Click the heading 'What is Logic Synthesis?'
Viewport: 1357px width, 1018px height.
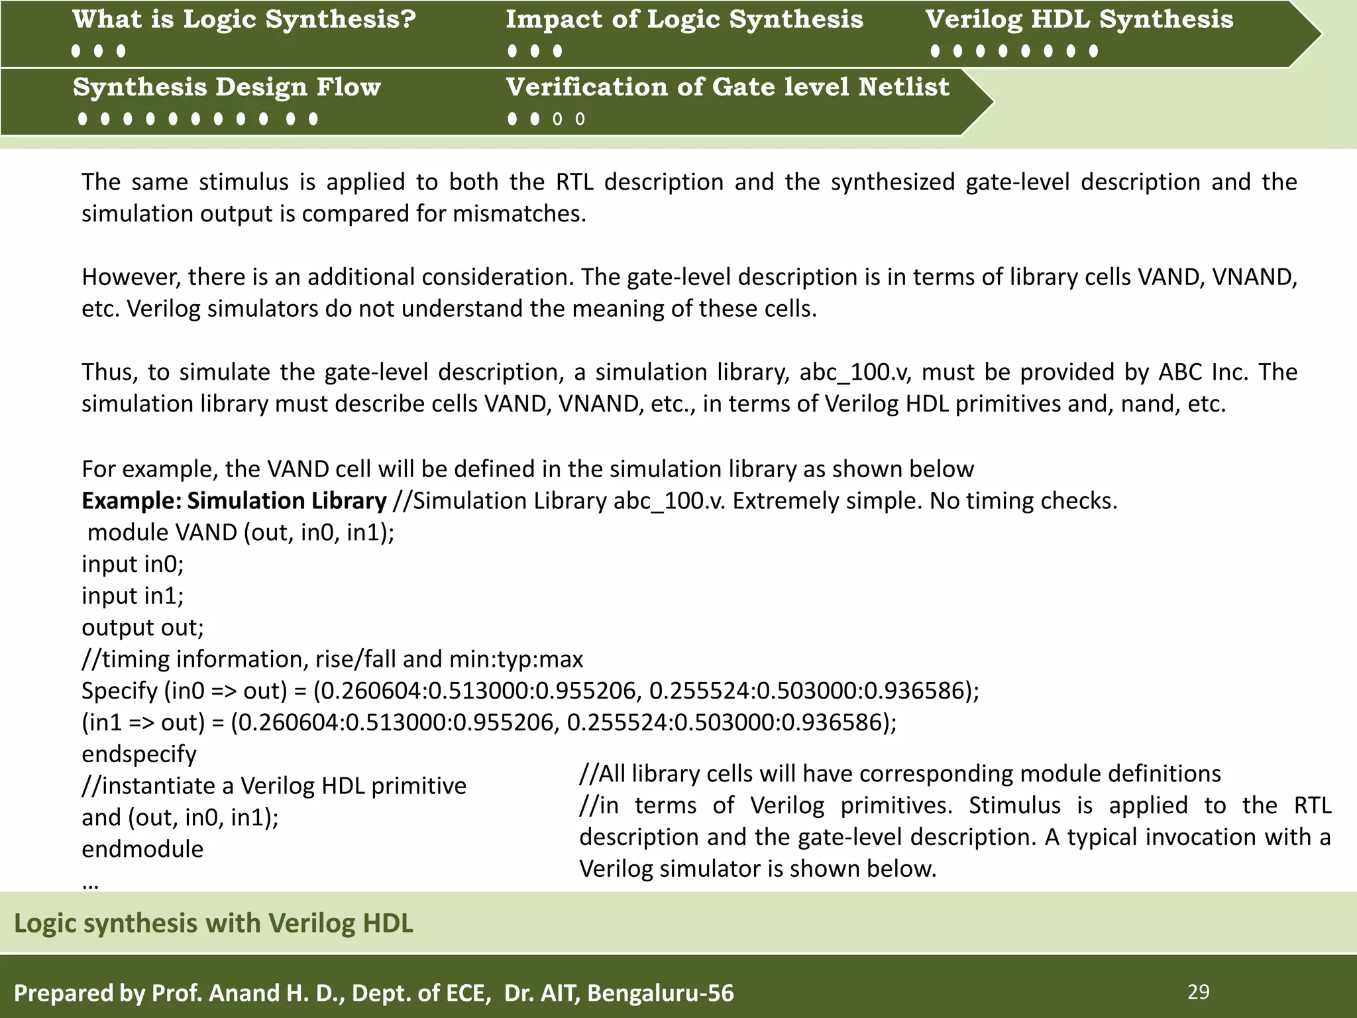[x=244, y=20]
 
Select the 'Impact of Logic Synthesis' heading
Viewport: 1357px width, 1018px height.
[x=684, y=20]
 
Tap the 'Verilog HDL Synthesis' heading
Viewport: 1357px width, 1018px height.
[x=1079, y=20]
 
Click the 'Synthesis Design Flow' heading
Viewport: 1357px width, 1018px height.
[x=227, y=87]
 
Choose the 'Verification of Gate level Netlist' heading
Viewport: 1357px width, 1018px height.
[x=727, y=87]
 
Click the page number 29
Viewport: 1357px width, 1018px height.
[x=1198, y=991]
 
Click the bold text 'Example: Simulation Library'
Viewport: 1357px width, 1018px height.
[x=234, y=500]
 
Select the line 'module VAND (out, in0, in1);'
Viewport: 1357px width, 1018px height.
[x=241, y=532]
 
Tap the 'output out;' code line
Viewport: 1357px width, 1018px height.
[x=142, y=627]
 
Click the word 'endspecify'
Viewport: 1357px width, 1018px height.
[x=139, y=754]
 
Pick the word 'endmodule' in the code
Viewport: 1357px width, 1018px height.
[x=142, y=849]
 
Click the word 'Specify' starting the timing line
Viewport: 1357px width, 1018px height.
[x=119, y=691]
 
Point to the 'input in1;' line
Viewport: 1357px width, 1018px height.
[x=133, y=596]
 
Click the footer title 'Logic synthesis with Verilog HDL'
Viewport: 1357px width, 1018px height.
[x=213, y=923]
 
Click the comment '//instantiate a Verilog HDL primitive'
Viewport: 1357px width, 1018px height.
[x=274, y=786]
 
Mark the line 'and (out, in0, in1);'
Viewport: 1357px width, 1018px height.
[x=180, y=818]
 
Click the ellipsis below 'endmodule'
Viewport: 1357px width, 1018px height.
[x=90, y=883]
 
